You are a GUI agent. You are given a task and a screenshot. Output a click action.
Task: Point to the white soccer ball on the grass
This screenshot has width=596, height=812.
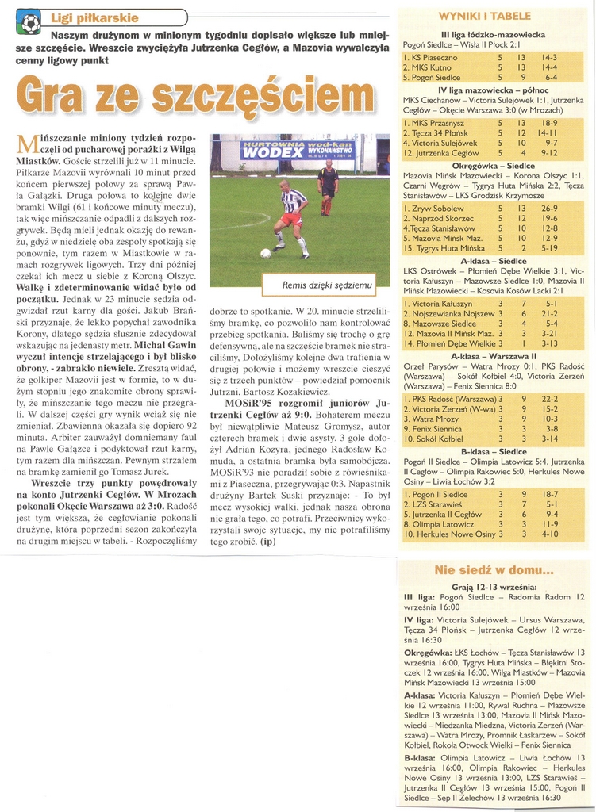pyautogui.click(x=266, y=253)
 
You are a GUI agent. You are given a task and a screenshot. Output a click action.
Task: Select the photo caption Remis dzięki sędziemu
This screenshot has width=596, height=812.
pyautogui.click(x=326, y=285)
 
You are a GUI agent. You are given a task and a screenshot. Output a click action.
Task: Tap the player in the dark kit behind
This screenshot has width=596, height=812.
pyautogui.click(x=328, y=187)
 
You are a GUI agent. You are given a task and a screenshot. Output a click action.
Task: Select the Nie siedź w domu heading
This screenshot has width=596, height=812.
pyautogui.click(x=494, y=570)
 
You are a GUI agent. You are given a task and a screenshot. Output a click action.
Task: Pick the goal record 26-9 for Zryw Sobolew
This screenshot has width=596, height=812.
pyautogui.click(x=549, y=209)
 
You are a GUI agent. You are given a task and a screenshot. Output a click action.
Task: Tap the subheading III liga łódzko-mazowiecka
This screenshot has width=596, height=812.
pyautogui.click(x=493, y=35)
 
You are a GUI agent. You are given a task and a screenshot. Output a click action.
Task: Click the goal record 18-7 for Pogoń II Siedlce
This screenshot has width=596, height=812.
pyautogui.click(x=549, y=494)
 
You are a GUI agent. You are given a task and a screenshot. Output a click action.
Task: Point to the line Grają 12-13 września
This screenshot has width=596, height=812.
pyautogui.click(x=493, y=586)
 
